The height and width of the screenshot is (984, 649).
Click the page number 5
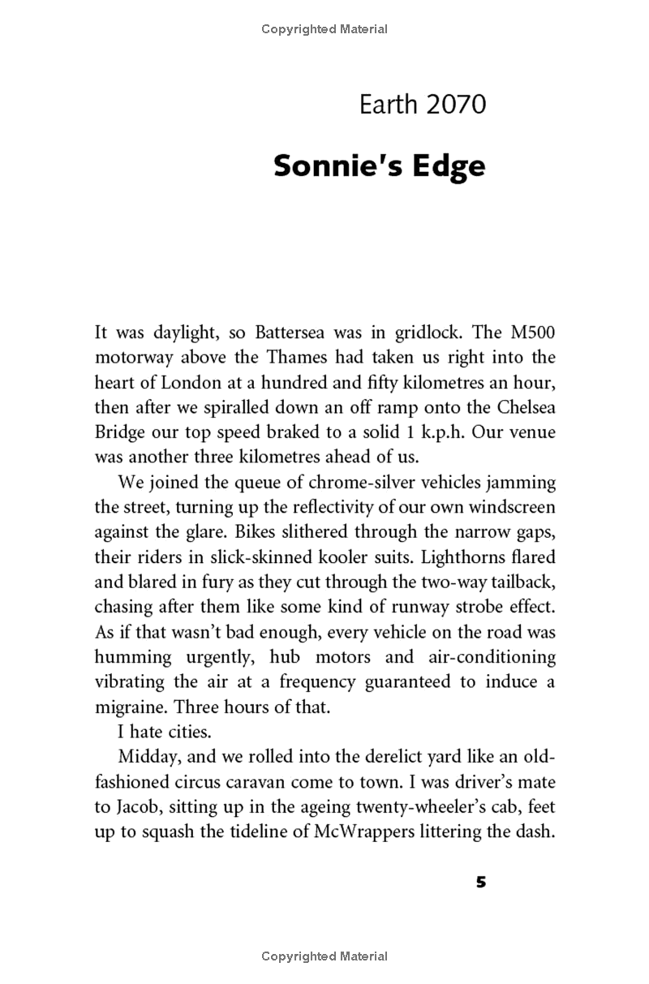[x=481, y=883]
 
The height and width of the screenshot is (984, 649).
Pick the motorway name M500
[x=524, y=333]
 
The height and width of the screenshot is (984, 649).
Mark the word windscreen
[x=509, y=508]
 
